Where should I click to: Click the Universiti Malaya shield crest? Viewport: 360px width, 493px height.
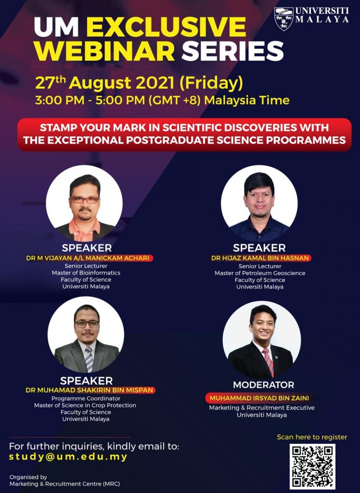pos(284,19)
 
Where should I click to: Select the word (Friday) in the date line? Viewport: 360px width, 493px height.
pos(211,83)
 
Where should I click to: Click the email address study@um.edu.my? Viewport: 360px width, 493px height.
pos(68,457)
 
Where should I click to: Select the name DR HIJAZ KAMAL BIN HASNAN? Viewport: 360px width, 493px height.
pos(260,258)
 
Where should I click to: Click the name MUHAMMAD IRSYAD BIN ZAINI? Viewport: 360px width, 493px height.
pos(259,398)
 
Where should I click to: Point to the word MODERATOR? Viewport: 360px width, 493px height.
pos(264,385)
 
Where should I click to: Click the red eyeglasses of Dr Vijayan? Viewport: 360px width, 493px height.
pos(85,200)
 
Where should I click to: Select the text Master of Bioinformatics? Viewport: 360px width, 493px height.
pos(86,273)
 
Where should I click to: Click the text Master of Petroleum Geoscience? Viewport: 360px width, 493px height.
pos(260,273)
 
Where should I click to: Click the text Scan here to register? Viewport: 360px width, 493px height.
pos(312,437)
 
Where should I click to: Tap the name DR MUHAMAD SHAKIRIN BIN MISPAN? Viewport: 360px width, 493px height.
pos(89,390)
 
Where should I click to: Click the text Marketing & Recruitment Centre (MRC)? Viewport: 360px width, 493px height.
pos(65,484)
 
